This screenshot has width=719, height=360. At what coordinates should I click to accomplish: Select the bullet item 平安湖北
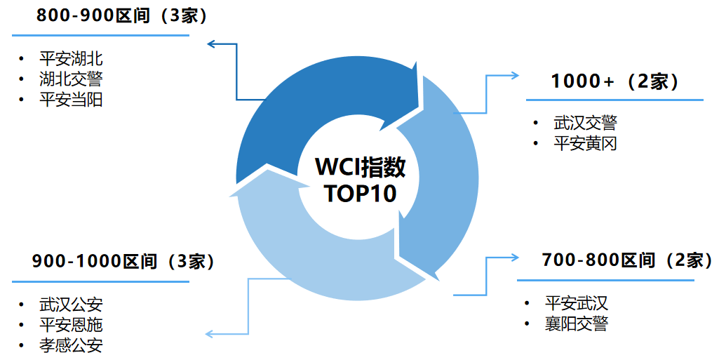point(71,59)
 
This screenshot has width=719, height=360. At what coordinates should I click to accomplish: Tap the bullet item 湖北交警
point(71,79)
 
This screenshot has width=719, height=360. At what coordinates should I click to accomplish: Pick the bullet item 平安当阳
point(71,100)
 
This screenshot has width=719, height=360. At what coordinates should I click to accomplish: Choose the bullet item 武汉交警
point(585,124)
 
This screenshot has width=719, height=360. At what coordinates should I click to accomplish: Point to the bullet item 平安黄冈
point(585,144)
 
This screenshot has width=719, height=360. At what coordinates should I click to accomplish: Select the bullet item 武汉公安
point(71,305)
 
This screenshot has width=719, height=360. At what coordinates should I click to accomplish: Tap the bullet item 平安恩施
point(71,325)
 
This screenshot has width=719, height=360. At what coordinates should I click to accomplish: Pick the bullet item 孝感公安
point(71,345)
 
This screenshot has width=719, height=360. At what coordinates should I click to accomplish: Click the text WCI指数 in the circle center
point(360,168)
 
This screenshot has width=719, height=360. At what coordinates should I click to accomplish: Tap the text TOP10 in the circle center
point(360,194)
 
